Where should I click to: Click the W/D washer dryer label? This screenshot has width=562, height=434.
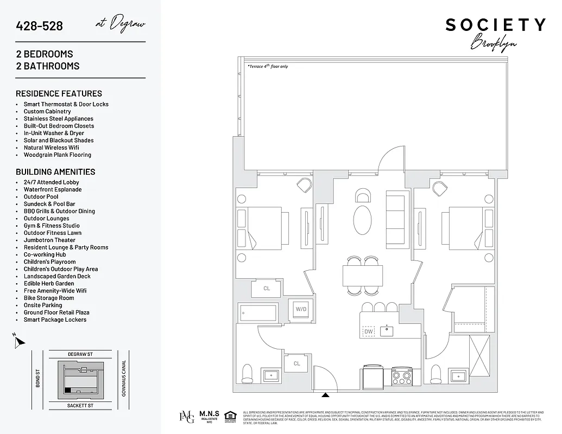(x=301, y=309)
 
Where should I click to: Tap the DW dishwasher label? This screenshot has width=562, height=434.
(x=369, y=331)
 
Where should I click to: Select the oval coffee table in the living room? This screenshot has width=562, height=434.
(x=363, y=220)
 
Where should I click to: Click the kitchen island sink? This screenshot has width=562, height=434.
(x=387, y=330)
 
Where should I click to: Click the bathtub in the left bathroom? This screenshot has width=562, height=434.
(x=258, y=314)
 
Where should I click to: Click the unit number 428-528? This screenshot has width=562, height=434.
(x=40, y=26)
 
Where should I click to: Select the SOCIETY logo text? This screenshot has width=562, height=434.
(x=495, y=25)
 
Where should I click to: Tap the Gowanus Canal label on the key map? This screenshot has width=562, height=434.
(x=124, y=378)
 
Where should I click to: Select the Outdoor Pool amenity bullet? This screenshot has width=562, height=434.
(x=41, y=197)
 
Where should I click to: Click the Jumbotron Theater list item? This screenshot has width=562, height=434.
(x=49, y=240)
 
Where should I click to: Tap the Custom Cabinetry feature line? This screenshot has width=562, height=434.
(x=47, y=112)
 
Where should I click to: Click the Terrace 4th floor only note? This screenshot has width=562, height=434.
(x=268, y=67)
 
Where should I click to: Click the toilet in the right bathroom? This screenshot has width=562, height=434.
(x=435, y=373)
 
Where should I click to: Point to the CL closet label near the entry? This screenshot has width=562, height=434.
(x=297, y=363)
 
